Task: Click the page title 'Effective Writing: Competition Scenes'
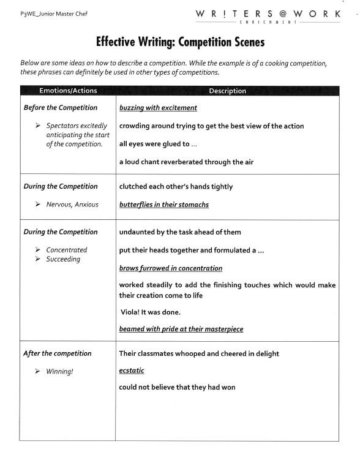(x=180, y=42)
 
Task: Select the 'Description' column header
(x=227, y=91)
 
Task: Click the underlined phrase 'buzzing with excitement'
(x=158, y=108)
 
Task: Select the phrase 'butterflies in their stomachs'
(x=163, y=205)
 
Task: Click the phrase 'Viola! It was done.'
(x=150, y=312)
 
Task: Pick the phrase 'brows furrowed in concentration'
(x=170, y=268)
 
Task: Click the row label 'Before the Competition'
(x=60, y=108)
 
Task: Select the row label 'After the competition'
(x=57, y=353)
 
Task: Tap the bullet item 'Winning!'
(x=59, y=371)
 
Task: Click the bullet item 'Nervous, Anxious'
(x=72, y=205)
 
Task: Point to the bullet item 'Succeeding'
(x=63, y=259)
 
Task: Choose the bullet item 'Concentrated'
(x=67, y=250)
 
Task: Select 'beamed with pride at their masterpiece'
(x=181, y=329)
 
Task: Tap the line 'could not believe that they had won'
(x=177, y=387)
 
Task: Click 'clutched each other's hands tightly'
(x=176, y=186)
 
